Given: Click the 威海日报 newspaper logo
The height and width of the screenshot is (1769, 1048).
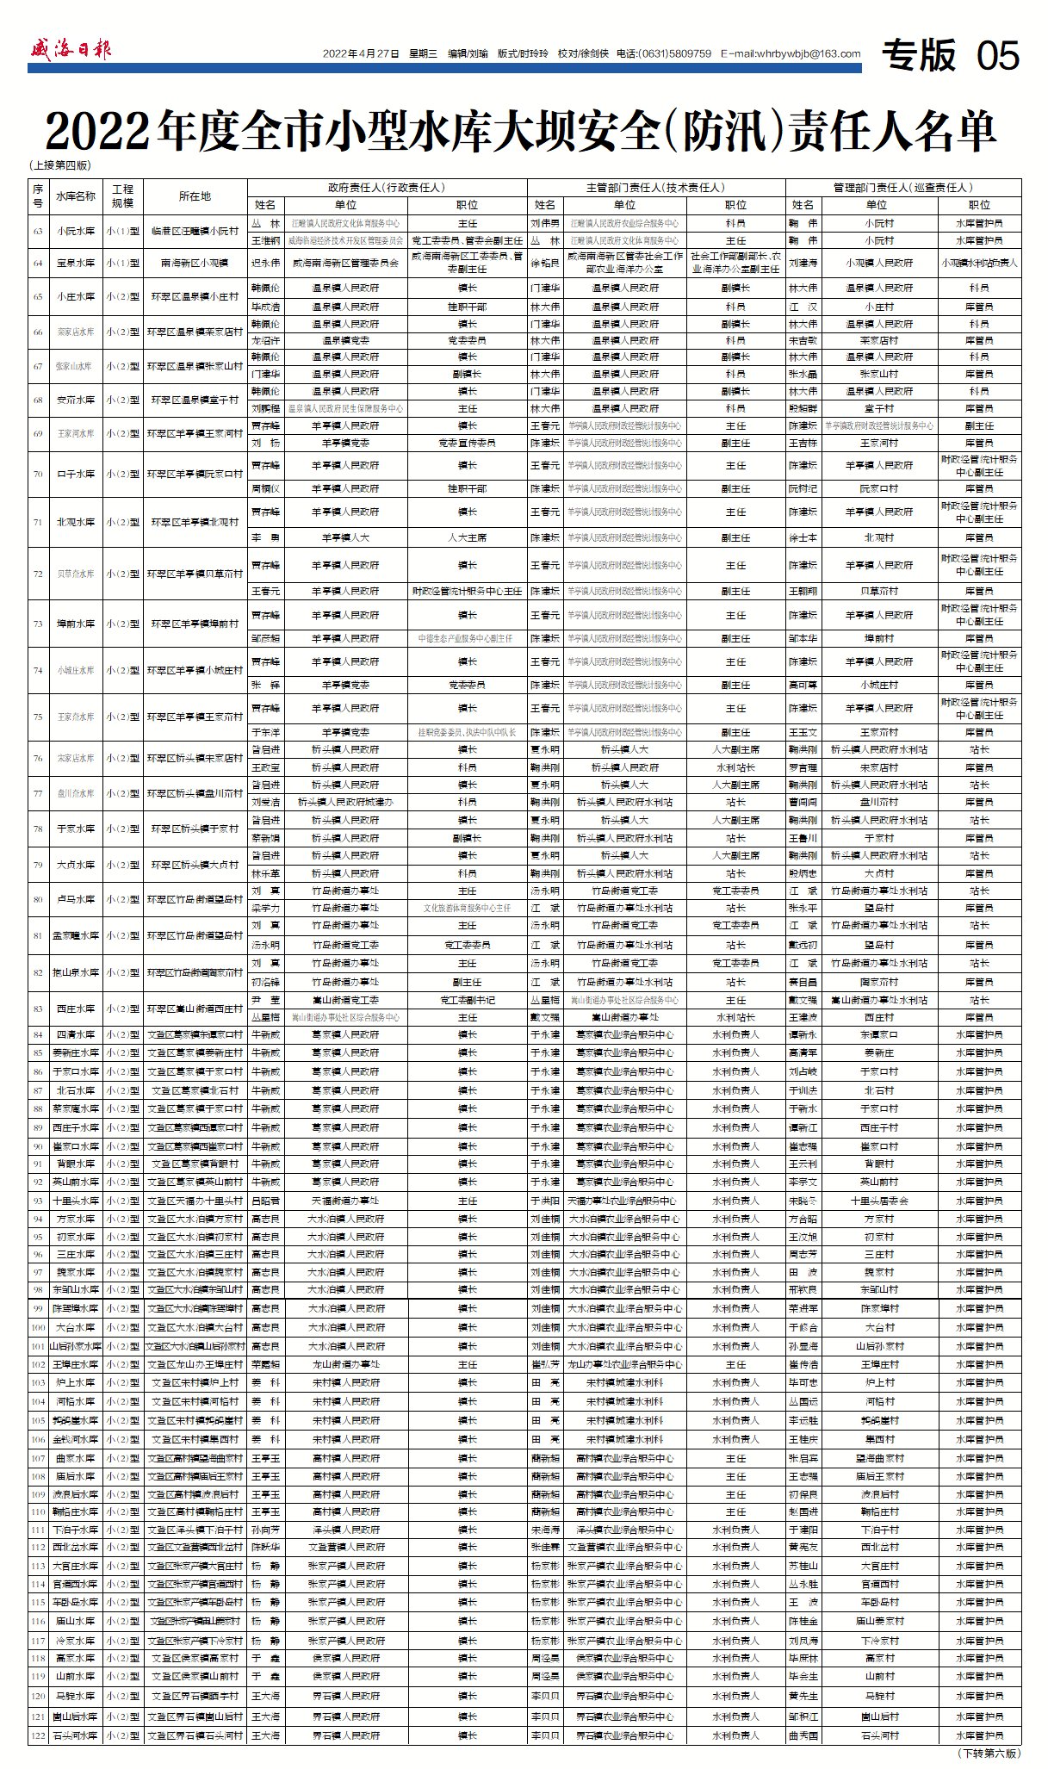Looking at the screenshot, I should pos(71,49).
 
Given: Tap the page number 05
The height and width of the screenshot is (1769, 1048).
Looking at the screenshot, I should pos(997,56).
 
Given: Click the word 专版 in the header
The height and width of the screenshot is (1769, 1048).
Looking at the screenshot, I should pos(918,56).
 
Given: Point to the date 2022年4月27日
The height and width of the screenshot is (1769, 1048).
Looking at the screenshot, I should pos(361,53).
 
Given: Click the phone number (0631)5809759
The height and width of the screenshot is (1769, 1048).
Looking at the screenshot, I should pos(673,53).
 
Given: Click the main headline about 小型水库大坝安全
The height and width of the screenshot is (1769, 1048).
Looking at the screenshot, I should pos(522,132).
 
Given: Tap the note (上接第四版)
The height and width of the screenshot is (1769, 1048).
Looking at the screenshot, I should pos(60,165).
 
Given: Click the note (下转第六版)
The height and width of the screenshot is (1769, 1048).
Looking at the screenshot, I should pos(989,1753).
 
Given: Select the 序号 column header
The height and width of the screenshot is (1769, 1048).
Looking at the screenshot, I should pos(38,196).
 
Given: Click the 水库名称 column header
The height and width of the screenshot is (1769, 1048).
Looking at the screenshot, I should pos(76,196).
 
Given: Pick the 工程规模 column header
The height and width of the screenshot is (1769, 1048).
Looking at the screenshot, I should pos(122,196).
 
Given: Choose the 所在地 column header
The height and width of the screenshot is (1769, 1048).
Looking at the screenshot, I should pos(195,196).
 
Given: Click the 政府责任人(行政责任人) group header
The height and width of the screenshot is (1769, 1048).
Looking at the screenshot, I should pos(387,187).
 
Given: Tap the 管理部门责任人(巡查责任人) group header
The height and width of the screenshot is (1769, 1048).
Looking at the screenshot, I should pos(902,187).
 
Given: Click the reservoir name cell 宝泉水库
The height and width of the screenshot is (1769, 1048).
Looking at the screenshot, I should pos(76,263).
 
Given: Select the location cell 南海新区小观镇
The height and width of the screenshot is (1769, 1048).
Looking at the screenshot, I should pos(195,263).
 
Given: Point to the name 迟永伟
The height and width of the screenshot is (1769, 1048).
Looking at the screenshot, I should pos(265,263).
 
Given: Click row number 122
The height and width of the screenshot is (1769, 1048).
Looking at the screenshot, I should pos(38,1735).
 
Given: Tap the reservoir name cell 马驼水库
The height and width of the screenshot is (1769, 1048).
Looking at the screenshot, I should pos(76,1696).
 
